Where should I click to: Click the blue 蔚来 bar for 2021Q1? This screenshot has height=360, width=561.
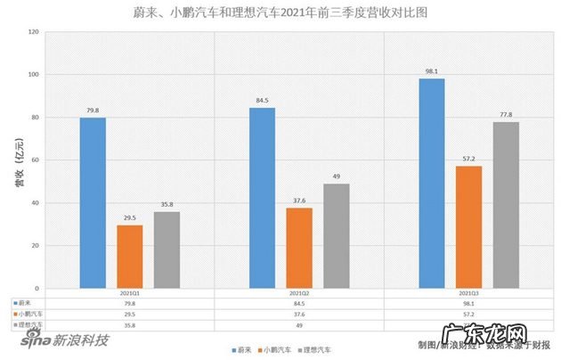(x=93, y=203)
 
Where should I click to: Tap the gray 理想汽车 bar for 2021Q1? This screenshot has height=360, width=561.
(x=167, y=250)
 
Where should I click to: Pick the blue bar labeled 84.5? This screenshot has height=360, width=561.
(x=262, y=198)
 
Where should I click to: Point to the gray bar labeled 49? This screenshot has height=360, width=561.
(x=337, y=236)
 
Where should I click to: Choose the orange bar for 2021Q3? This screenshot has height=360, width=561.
(x=469, y=227)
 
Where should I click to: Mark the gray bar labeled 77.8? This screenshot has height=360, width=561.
(x=506, y=205)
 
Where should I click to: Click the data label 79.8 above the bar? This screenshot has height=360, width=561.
(x=93, y=110)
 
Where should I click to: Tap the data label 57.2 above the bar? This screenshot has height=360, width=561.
(x=469, y=159)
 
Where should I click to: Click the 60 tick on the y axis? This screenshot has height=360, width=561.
(x=35, y=160)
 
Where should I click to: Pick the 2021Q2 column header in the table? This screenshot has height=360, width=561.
(x=299, y=293)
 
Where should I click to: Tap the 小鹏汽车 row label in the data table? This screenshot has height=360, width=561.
(x=28, y=314)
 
